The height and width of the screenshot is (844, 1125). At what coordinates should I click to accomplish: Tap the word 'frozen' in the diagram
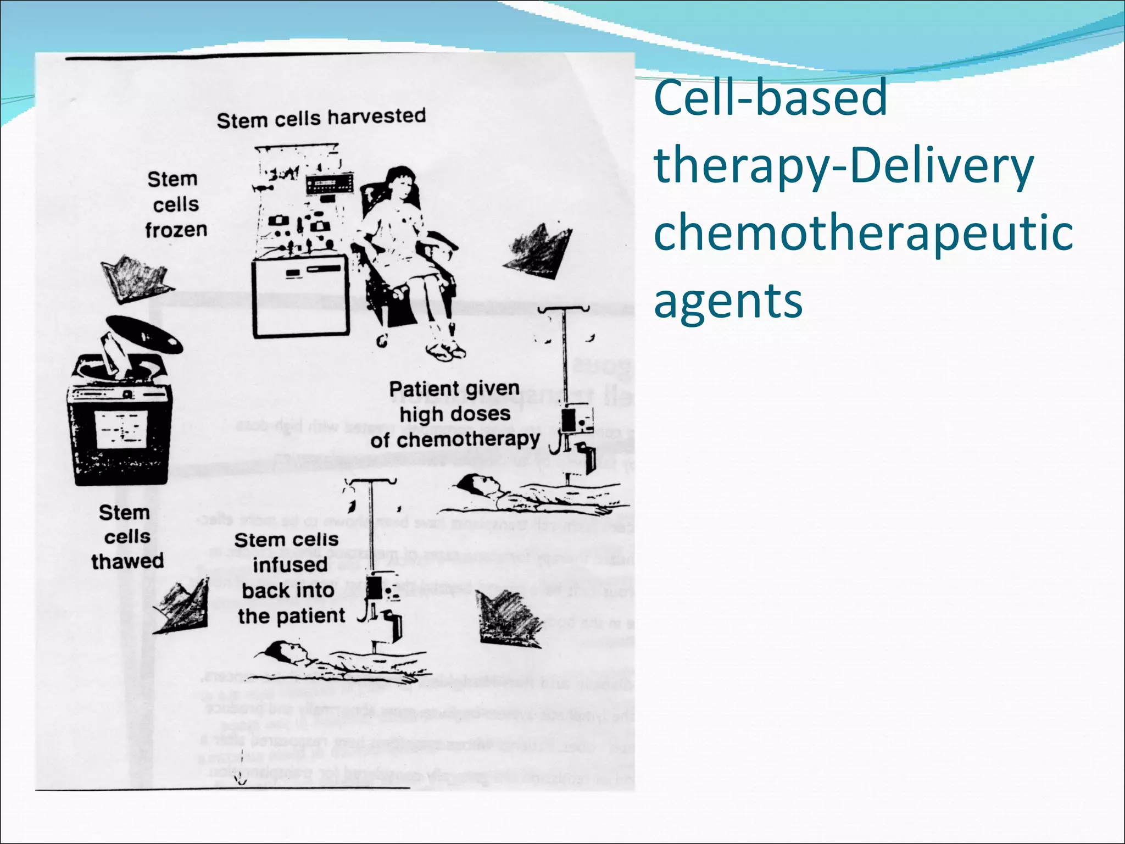point(176,230)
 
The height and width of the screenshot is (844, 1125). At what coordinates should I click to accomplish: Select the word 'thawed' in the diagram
point(127,561)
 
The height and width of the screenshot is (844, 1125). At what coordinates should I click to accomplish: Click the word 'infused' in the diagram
point(290,565)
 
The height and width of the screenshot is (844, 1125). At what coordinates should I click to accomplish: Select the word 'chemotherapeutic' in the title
point(863,232)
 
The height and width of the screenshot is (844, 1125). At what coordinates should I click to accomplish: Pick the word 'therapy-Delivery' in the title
point(844,166)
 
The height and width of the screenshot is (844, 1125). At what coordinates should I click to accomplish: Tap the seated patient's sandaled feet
point(445,349)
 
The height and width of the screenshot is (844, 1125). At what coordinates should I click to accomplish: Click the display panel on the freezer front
point(121,429)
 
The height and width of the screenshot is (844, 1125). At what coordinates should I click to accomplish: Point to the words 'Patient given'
point(454,388)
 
